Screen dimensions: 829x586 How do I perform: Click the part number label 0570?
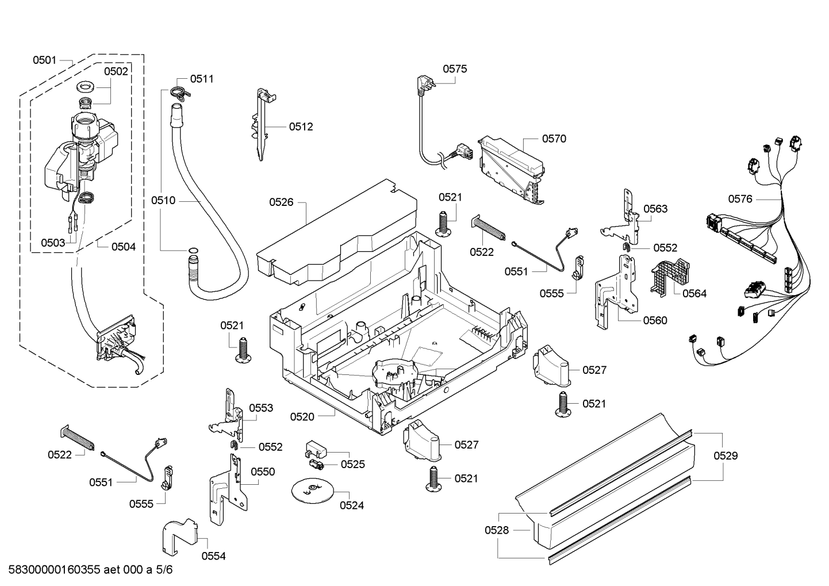pos(554,139)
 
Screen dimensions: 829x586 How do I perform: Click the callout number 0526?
pos(281,202)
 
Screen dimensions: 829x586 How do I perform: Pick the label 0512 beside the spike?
pos(301,127)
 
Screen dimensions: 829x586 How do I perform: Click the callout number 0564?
pos(694,293)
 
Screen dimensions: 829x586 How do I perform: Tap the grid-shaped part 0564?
pos(670,277)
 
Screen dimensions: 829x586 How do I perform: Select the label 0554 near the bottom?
pos(213,556)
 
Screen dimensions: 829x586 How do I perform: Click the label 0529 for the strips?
pos(726,455)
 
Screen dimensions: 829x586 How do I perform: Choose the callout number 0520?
pos(302,417)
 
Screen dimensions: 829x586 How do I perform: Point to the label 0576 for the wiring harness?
pos(740,199)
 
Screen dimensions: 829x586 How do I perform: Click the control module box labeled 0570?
pos(512,169)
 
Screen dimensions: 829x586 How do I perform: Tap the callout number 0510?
pos(163,201)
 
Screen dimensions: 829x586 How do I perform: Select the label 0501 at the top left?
pos(44,60)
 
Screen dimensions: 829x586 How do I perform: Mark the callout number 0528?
pos(497,530)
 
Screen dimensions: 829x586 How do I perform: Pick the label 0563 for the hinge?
pos(655,209)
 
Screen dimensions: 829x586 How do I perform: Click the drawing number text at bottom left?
pos(90,570)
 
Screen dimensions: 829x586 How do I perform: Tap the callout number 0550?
pos(263,472)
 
